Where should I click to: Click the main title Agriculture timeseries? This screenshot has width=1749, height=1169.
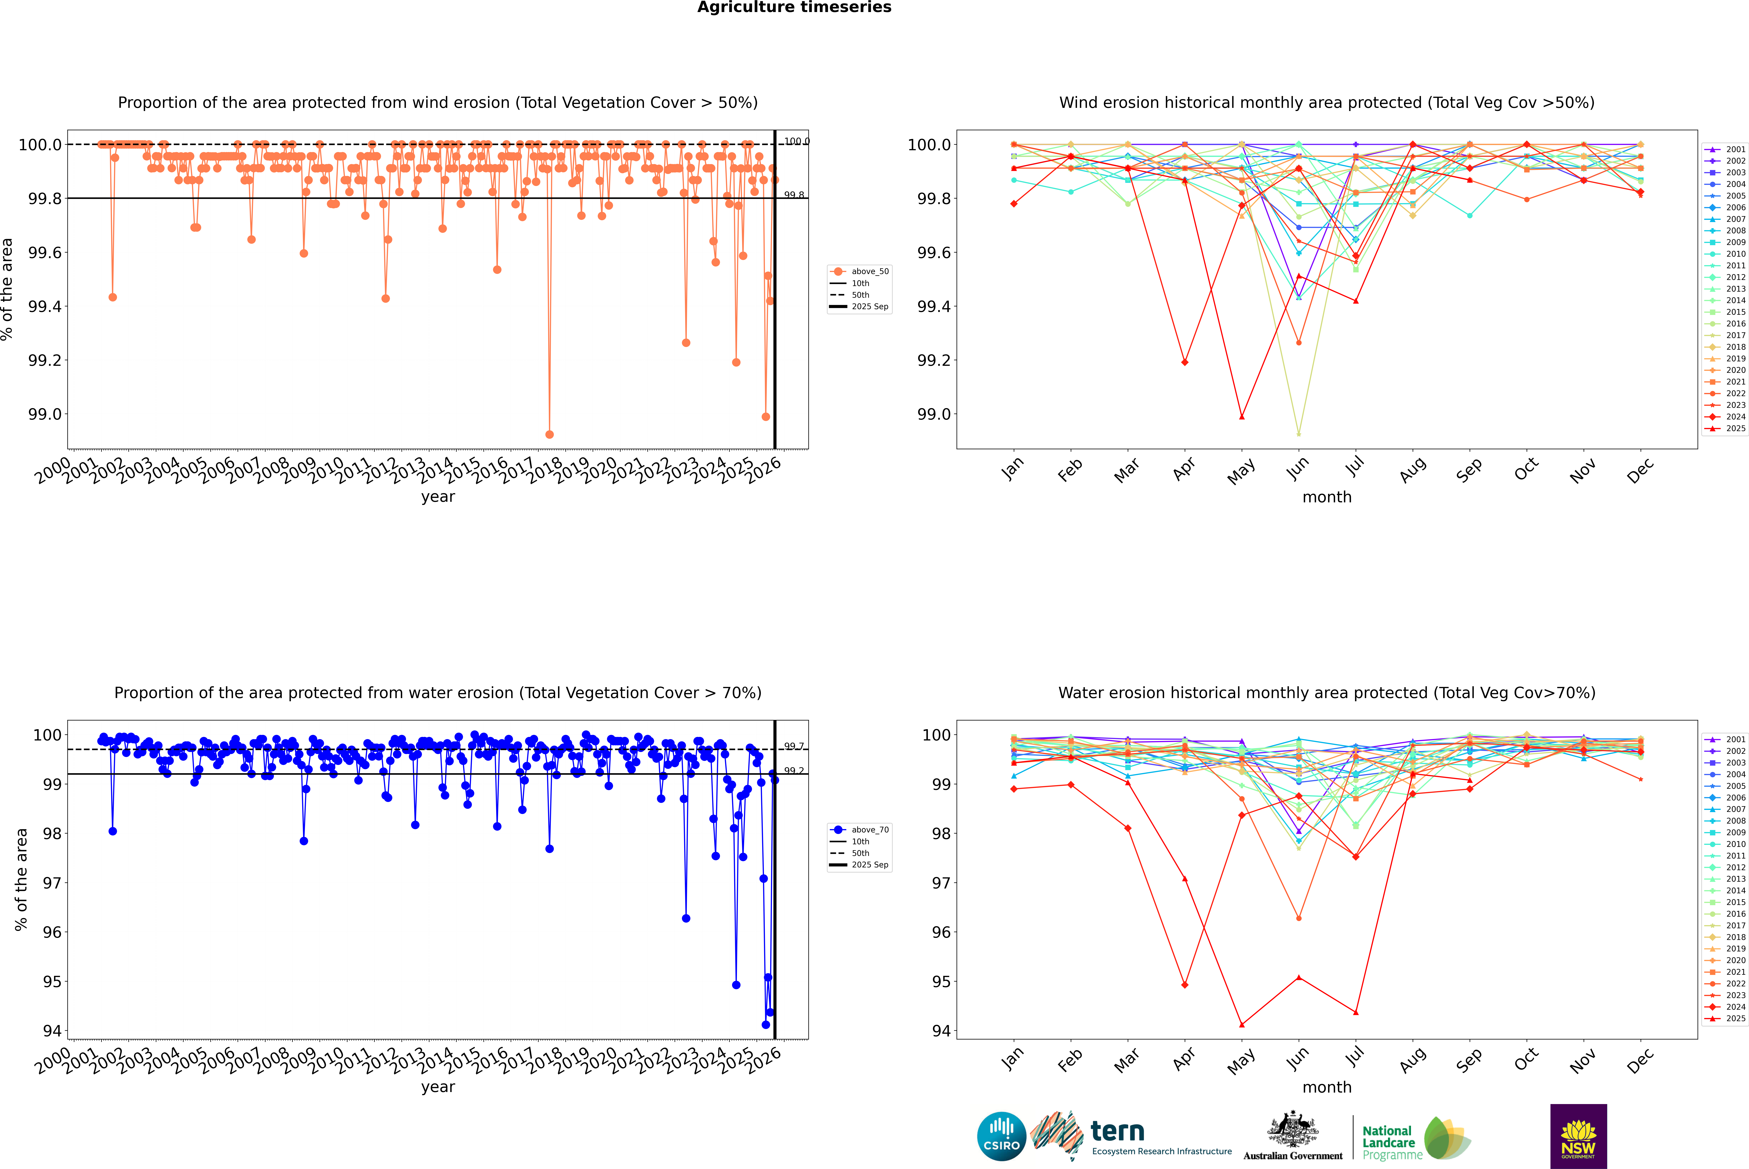[x=794, y=7]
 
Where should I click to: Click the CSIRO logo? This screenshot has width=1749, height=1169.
[x=1001, y=1136]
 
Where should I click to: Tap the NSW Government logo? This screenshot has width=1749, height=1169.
[x=1578, y=1136]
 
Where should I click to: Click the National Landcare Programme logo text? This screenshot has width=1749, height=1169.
[x=1388, y=1142]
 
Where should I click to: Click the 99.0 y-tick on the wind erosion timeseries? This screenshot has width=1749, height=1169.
[x=45, y=414]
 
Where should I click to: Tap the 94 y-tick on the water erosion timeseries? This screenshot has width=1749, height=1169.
[x=52, y=1031]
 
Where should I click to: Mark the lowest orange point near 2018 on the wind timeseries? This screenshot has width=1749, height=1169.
[x=550, y=435]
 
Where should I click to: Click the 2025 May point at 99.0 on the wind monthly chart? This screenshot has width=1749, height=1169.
[x=1241, y=417]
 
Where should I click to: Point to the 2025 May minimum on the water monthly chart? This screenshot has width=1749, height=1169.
[x=1241, y=1025]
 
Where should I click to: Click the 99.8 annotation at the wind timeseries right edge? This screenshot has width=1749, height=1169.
[x=794, y=195]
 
